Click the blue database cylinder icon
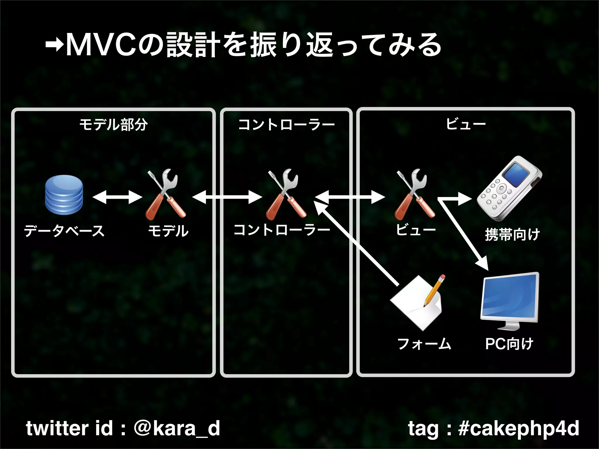(64, 195)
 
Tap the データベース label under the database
(64, 231)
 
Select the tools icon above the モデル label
(166, 194)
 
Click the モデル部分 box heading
(113, 125)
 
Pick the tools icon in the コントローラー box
(286, 194)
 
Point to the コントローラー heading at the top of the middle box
(286, 125)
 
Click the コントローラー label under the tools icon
(282, 230)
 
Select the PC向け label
(509, 344)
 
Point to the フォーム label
(424, 344)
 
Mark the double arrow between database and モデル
(117, 197)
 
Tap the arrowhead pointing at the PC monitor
(483, 263)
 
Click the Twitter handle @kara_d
(177, 429)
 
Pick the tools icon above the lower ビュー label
(414, 194)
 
